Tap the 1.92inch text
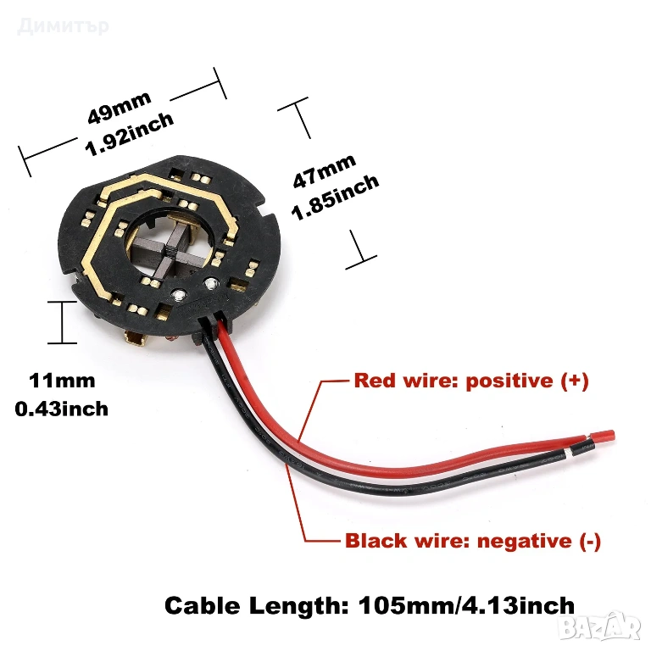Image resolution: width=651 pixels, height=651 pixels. click(131, 134)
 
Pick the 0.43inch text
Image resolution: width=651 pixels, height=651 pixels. click(62, 409)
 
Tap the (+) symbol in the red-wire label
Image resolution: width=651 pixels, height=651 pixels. click(574, 381)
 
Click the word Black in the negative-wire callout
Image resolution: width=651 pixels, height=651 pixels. click(374, 541)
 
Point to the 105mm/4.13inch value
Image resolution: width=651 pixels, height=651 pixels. click(465, 605)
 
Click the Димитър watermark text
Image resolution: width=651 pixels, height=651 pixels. click(63, 25)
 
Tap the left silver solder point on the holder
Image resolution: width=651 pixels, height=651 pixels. click(180, 295)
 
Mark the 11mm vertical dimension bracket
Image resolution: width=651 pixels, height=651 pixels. click(63, 321)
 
